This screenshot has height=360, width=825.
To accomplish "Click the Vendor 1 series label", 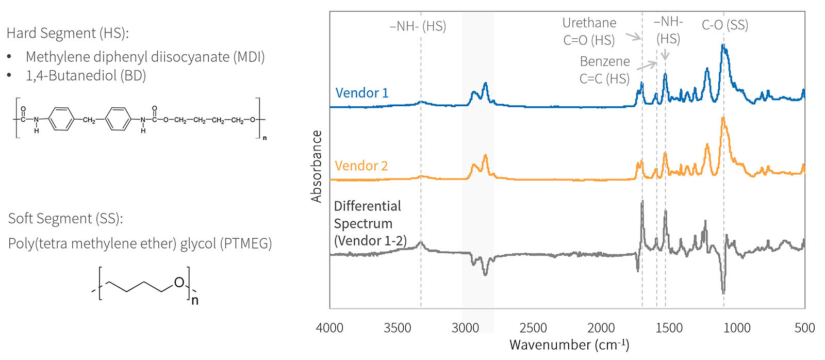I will [362, 93].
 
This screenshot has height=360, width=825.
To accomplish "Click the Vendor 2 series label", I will [361, 166].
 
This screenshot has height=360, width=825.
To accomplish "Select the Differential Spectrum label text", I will [368, 223].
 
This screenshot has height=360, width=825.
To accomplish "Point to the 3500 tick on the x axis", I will [397, 328].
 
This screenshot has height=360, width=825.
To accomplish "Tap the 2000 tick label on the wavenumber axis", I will [601, 328].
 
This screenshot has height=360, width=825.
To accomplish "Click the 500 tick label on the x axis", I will [804, 328].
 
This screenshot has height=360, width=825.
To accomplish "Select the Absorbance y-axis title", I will [317, 166].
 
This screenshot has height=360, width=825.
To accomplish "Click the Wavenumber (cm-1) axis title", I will [569, 345].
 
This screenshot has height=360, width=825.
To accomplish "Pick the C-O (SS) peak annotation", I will [725, 25].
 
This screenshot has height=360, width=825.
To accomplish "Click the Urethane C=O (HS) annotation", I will [589, 31].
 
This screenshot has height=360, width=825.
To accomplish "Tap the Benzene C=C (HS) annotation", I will [604, 70].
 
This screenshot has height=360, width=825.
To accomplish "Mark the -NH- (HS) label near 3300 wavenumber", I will [418, 26].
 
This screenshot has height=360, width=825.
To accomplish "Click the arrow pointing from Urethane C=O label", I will [633, 37].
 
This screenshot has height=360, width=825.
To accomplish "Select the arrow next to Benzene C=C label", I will [647, 66].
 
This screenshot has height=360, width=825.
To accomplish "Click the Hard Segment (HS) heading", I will [68, 33].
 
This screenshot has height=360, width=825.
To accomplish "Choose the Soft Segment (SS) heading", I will [65, 218].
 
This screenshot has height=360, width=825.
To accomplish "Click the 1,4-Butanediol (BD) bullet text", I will [86, 75].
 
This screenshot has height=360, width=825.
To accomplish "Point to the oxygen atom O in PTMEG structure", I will [179, 282].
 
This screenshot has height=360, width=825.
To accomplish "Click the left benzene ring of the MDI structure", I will [61, 119].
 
